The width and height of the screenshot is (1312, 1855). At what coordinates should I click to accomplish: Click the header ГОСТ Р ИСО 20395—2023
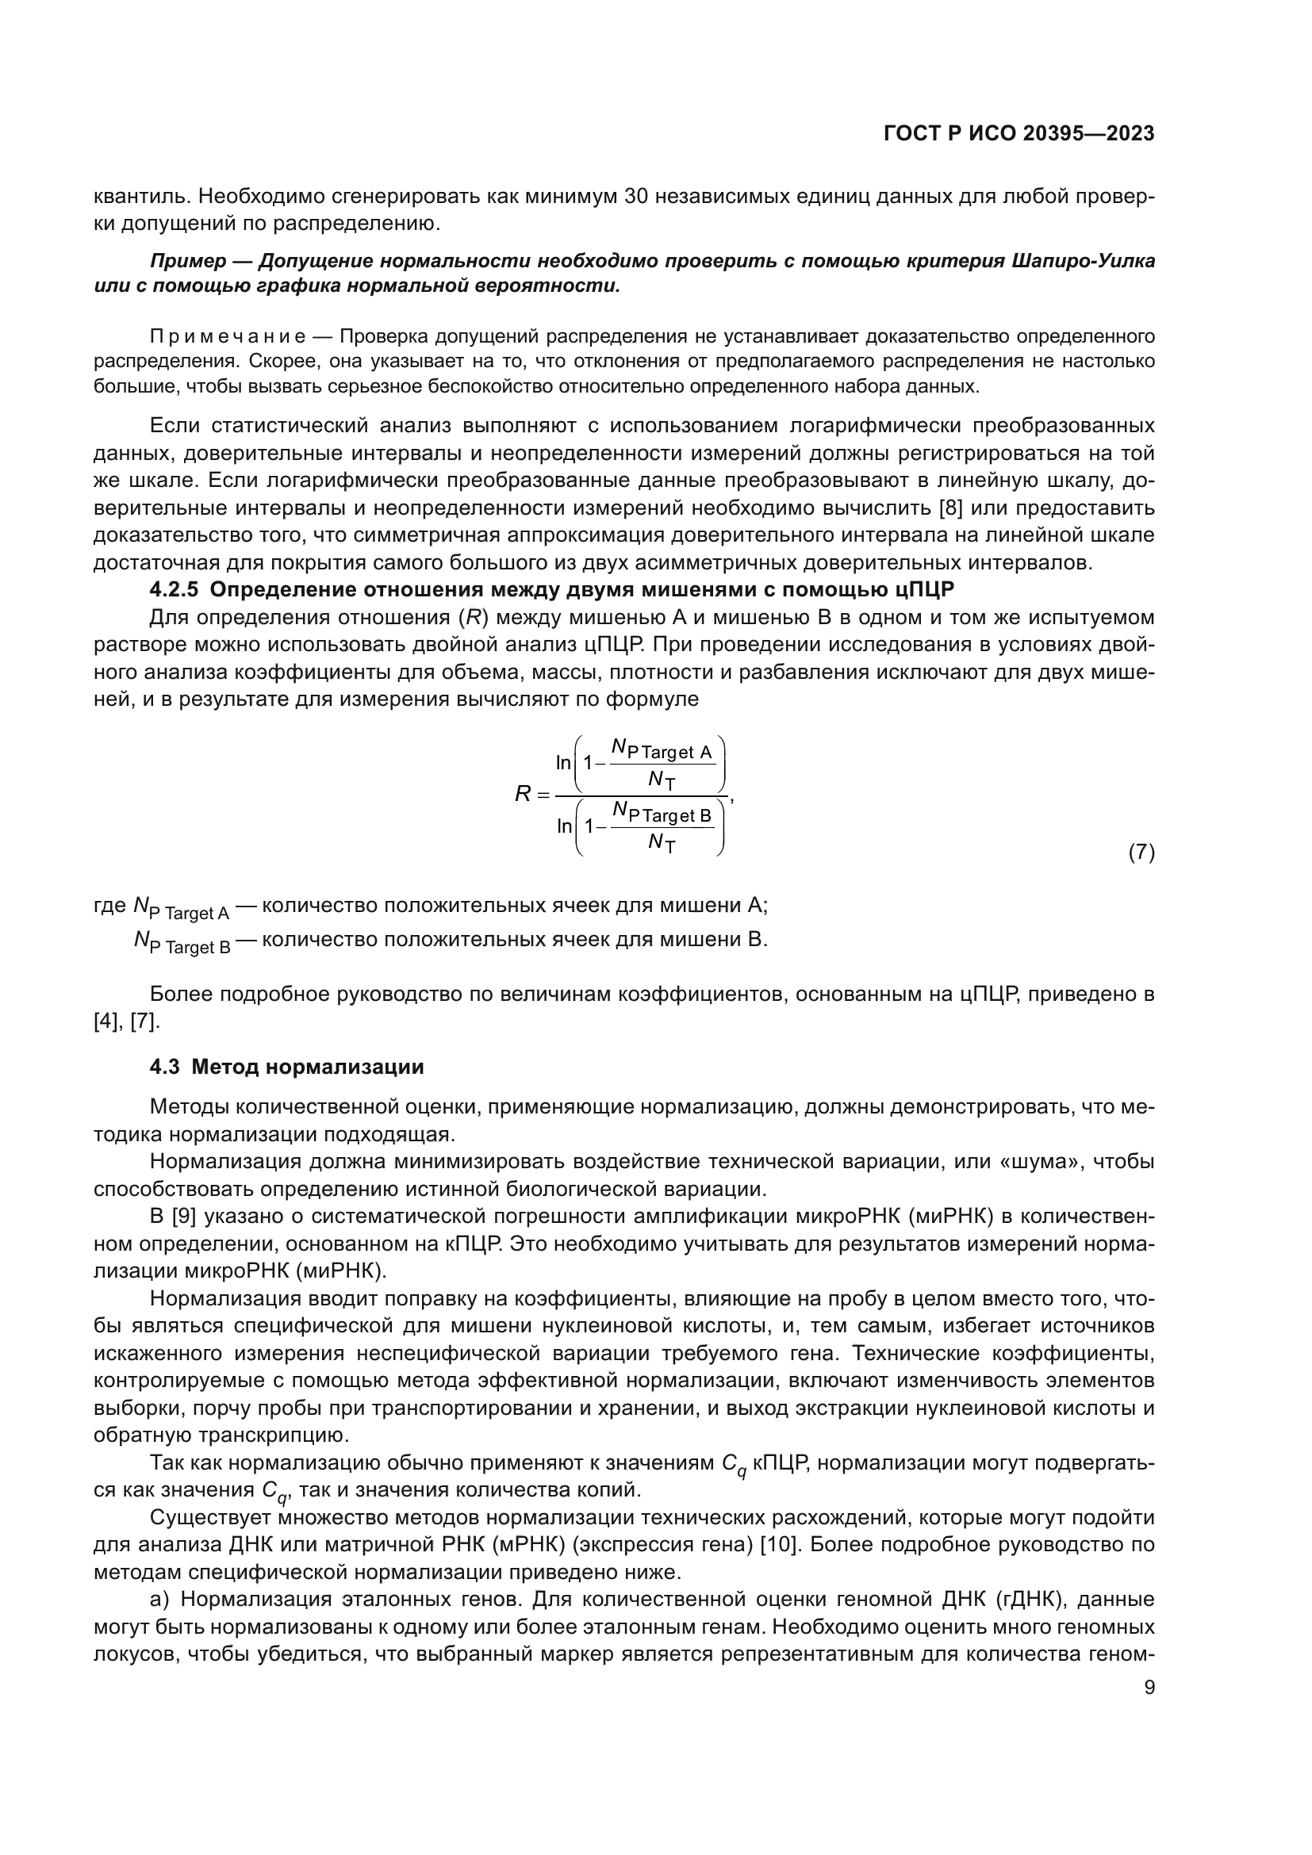[1019, 134]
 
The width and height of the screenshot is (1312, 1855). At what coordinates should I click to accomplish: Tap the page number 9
[1149, 1688]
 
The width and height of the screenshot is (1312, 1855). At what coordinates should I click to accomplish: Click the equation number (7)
[1141, 853]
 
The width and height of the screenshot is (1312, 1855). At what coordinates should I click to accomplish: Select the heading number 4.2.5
[174, 590]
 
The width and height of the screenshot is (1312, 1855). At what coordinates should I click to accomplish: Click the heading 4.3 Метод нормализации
[287, 1067]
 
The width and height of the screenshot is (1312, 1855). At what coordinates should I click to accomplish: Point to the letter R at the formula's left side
[523, 795]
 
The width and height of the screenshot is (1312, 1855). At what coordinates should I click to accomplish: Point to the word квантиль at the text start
[140, 197]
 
